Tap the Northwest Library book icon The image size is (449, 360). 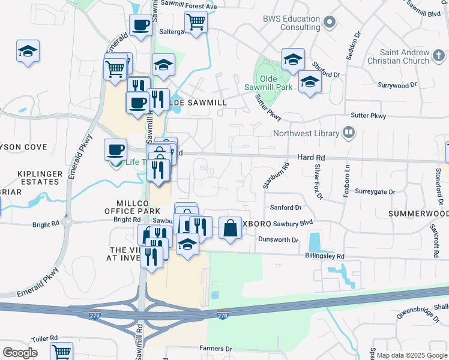tap(348, 133)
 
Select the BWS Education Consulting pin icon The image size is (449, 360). tap(328, 23)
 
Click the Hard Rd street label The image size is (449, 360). tap(310, 157)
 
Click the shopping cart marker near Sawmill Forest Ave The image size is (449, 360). tap(196, 22)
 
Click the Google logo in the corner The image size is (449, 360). tap(20, 352)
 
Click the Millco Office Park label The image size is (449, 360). tap(132, 207)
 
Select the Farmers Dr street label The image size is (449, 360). tap(215, 349)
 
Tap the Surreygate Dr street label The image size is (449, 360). tap(376, 192)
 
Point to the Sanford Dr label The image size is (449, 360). tap(285, 208)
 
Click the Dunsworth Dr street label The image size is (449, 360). tap(278, 240)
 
